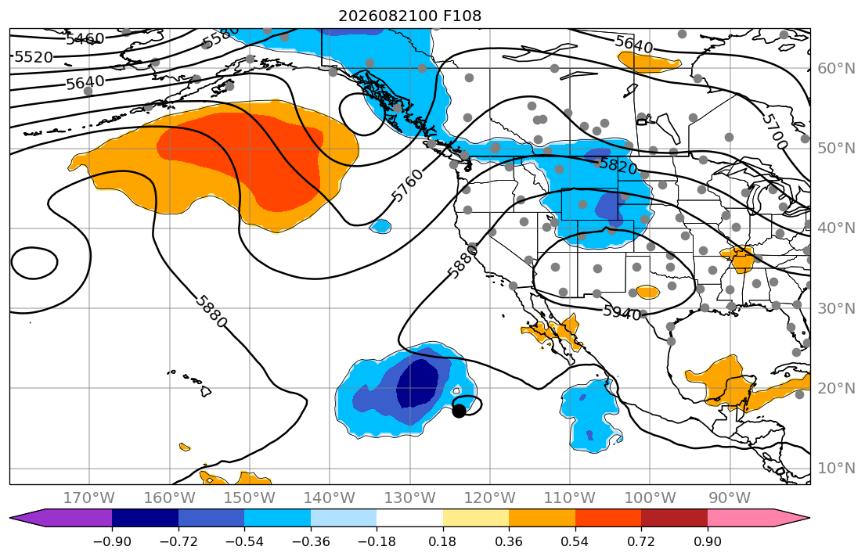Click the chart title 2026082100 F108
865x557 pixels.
[409, 16]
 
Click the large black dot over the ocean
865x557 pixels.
[459, 411]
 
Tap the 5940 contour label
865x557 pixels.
[622, 312]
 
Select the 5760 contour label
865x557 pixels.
[408, 185]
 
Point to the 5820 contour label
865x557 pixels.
[618, 165]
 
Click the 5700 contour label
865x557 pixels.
[775, 131]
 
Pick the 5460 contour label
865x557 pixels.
[85, 39]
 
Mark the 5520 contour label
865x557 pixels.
[34, 57]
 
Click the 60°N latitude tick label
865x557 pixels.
[836, 68]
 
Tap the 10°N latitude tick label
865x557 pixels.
[836, 469]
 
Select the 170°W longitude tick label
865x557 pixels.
[89, 498]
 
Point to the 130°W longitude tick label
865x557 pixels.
[410, 498]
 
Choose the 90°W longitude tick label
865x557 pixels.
[730, 498]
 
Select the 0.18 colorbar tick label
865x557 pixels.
[442, 541]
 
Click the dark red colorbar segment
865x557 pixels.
[674, 518]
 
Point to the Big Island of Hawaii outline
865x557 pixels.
[206, 391]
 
